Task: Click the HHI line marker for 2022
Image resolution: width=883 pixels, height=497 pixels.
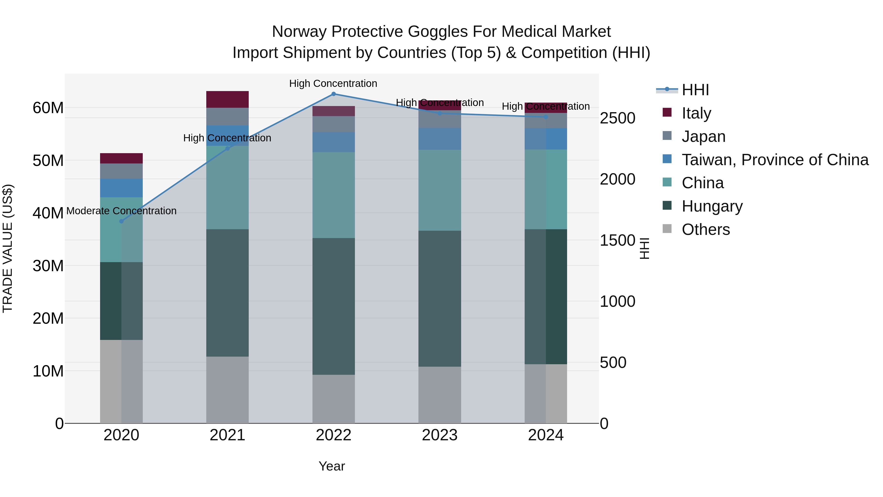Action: (334, 94)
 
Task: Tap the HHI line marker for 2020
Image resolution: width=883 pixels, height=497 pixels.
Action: (121, 221)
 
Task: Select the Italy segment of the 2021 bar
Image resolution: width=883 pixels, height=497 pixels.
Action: (227, 99)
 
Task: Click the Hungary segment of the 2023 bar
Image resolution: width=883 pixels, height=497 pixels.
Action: (440, 298)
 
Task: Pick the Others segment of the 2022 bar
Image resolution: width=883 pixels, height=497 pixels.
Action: (334, 399)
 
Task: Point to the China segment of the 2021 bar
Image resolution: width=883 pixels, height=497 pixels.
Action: (227, 187)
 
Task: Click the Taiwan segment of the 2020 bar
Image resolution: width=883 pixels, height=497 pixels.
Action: (121, 188)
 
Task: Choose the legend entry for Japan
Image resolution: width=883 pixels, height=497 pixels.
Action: (703, 136)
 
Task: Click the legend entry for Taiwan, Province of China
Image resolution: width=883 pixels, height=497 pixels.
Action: (775, 160)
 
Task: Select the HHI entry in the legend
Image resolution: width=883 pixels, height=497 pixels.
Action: (695, 90)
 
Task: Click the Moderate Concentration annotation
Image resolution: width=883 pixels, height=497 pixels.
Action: (121, 211)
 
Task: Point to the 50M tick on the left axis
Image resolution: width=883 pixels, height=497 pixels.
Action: (48, 161)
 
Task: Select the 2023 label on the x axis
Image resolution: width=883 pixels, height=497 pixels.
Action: (440, 435)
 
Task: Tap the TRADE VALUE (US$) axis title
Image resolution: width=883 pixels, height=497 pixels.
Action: (8, 248)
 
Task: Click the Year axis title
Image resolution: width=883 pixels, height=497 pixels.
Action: (331, 466)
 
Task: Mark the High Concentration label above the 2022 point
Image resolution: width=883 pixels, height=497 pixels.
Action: (333, 84)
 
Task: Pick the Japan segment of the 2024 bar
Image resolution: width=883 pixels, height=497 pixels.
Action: (546, 121)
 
